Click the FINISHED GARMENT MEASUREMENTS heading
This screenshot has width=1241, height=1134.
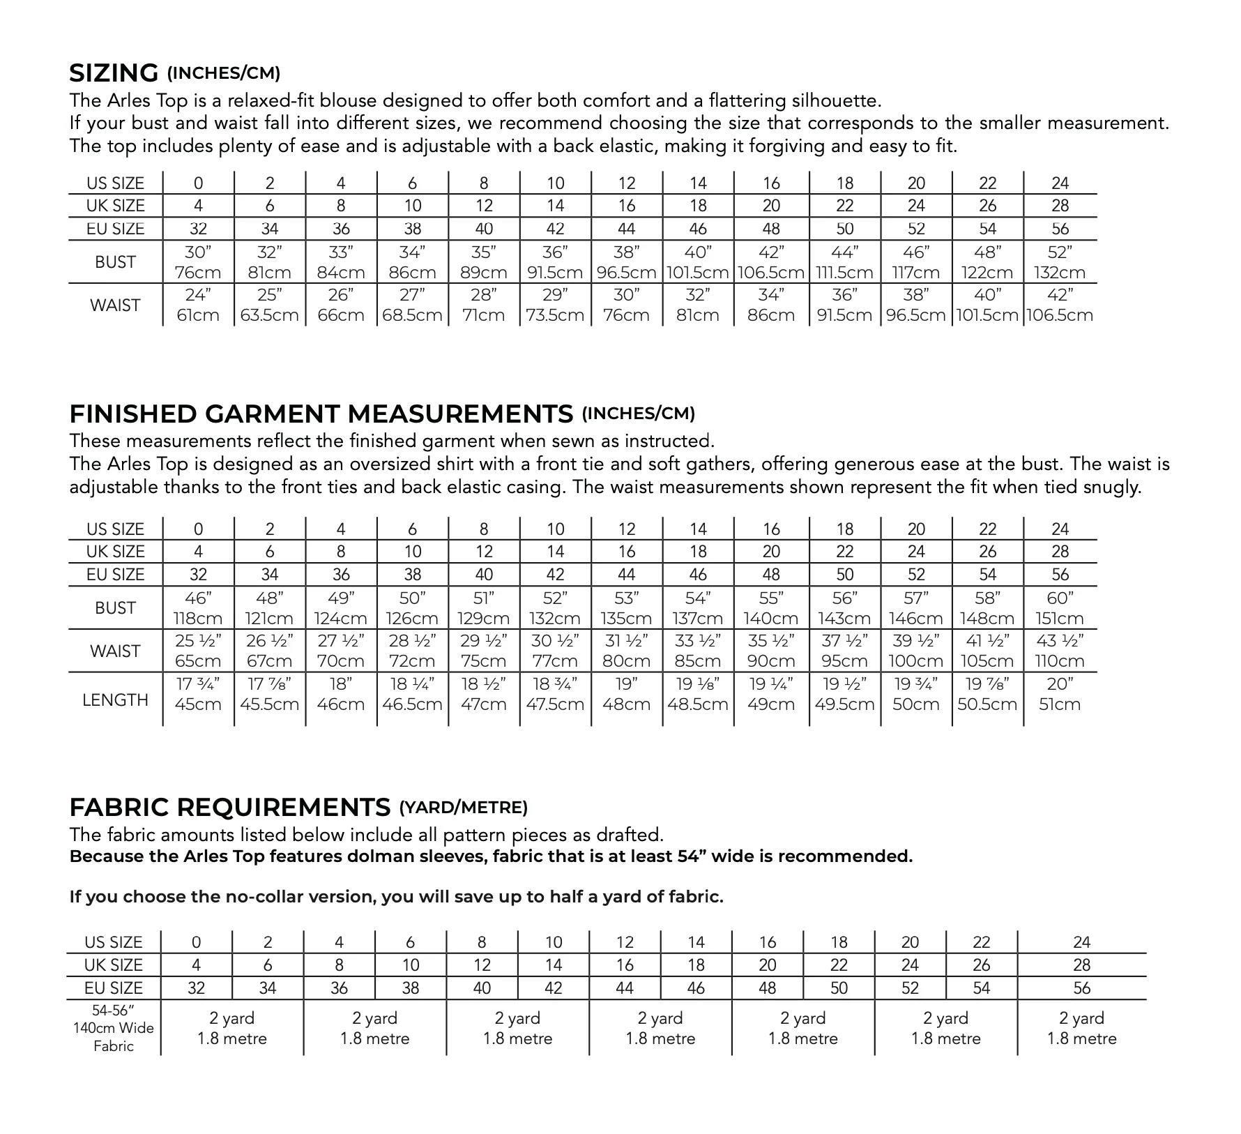point(321,414)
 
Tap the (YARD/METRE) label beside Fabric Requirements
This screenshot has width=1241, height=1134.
point(463,808)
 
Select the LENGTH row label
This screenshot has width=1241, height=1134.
point(115,700)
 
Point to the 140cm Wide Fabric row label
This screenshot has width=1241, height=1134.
point(114,1027)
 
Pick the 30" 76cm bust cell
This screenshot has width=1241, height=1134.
point(198,262)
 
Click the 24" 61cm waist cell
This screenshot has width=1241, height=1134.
point(198,305)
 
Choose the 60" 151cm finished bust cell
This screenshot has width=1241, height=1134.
point(1060,608)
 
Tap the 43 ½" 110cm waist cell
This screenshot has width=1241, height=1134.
point(1060,651)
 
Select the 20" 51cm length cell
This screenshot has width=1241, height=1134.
point(1060,694)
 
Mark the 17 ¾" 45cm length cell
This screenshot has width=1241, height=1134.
point(198,694)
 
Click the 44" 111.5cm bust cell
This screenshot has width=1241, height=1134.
point(845,262)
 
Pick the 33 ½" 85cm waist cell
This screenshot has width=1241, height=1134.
point(698,651)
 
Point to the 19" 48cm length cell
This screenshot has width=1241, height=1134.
point(626,694)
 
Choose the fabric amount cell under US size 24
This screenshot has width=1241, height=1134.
point(1081,1029)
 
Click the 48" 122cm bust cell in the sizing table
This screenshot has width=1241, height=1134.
point(988,262)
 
